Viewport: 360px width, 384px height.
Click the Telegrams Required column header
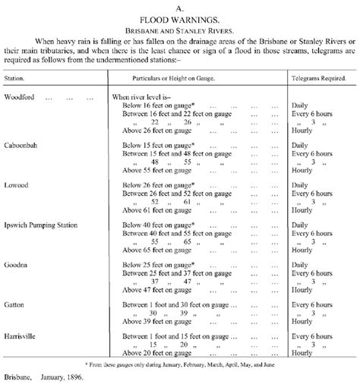(320, 78)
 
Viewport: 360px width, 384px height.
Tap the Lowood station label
(17, 184)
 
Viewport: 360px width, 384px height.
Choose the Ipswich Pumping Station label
(43, 225)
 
